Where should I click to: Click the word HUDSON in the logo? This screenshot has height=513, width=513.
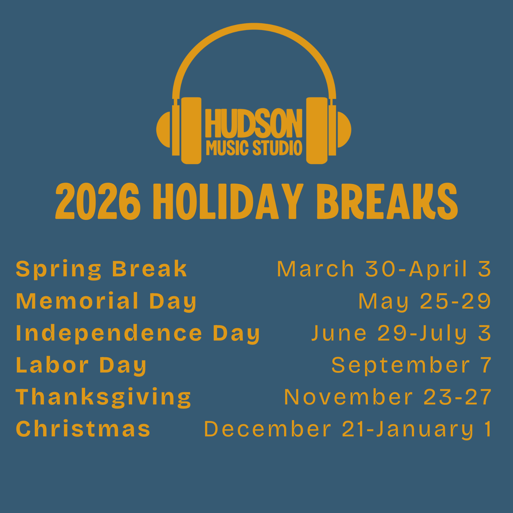[254, 123]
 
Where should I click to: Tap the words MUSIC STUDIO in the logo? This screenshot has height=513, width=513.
[254, 148]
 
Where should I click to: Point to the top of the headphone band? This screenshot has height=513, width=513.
[254, 27]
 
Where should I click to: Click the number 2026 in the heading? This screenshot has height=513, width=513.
[98, 201]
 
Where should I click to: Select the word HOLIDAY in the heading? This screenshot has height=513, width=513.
[228, 201]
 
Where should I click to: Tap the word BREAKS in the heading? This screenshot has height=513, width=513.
[387, 201]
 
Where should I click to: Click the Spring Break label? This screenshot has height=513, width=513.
[101, 269]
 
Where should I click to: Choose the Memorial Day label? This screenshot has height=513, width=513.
[106, 301]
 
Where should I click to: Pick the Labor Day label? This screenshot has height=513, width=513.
[81, 365]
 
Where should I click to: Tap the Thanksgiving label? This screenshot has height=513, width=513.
[104, 397]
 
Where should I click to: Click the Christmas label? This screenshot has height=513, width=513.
[83, 429]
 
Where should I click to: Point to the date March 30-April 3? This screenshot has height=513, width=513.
[384, 269]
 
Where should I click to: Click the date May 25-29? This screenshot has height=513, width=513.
[425, 301]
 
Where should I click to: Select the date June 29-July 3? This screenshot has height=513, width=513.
[401, 333]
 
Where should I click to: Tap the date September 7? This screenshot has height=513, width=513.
[411, 365]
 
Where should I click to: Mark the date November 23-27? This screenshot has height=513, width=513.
[388, 397]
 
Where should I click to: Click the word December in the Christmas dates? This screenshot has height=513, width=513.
[268, 429]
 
